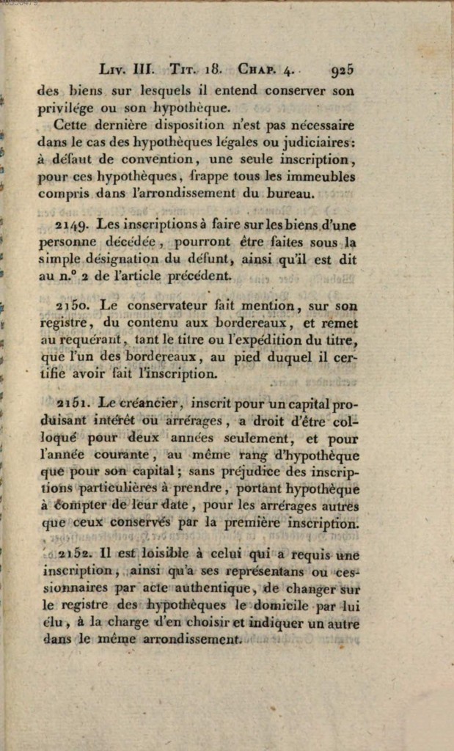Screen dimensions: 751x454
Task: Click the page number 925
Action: click(343, 70)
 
